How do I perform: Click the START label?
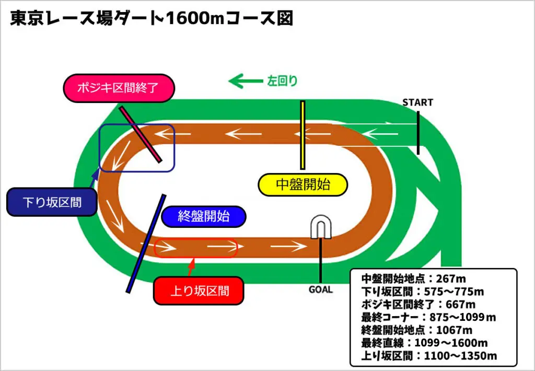(417, 102)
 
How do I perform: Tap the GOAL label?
(320, 289)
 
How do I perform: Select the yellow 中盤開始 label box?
(303, 184)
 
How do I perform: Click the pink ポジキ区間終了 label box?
(119, 88)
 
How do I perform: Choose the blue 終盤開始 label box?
(204, 216)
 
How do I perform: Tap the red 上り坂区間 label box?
(200, 290)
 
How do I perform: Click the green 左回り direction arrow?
(245, 81)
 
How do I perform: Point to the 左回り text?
(283, 81)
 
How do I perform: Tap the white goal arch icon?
(321, 228)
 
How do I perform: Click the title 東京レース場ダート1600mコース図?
(152, 19)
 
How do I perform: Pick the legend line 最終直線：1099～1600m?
(424, 343)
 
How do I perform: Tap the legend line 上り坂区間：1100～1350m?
(428, 356)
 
